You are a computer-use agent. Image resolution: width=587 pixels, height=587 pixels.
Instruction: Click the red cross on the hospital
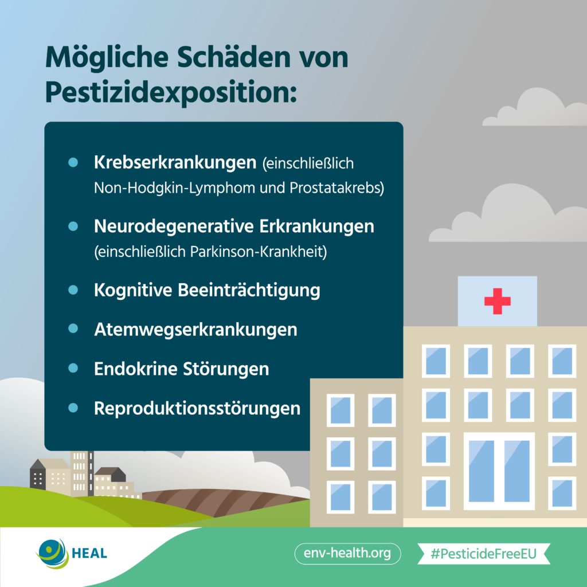(497, 301)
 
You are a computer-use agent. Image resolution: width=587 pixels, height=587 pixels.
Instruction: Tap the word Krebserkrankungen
(175, 163)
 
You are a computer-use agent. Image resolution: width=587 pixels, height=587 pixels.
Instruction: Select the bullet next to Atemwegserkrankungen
(73, 328)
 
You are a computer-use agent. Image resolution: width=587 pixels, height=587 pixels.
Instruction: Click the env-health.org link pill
(347, 553)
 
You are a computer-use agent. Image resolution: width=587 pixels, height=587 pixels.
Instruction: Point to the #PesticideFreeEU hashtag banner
(484, 553)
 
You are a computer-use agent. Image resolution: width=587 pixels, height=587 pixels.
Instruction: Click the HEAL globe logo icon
(53, 553)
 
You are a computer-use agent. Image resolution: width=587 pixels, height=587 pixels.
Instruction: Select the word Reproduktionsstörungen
(197, 408)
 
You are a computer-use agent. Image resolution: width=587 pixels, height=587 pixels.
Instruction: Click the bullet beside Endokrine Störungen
(73, 368)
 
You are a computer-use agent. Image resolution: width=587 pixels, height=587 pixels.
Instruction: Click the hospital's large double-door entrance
(499, 471)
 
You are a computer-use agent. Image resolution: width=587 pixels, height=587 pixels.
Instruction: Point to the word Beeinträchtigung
(249, 291)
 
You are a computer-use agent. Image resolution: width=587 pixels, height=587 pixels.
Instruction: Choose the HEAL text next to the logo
(89, 553)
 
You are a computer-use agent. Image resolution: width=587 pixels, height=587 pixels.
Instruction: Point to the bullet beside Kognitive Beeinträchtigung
(73, 289)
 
